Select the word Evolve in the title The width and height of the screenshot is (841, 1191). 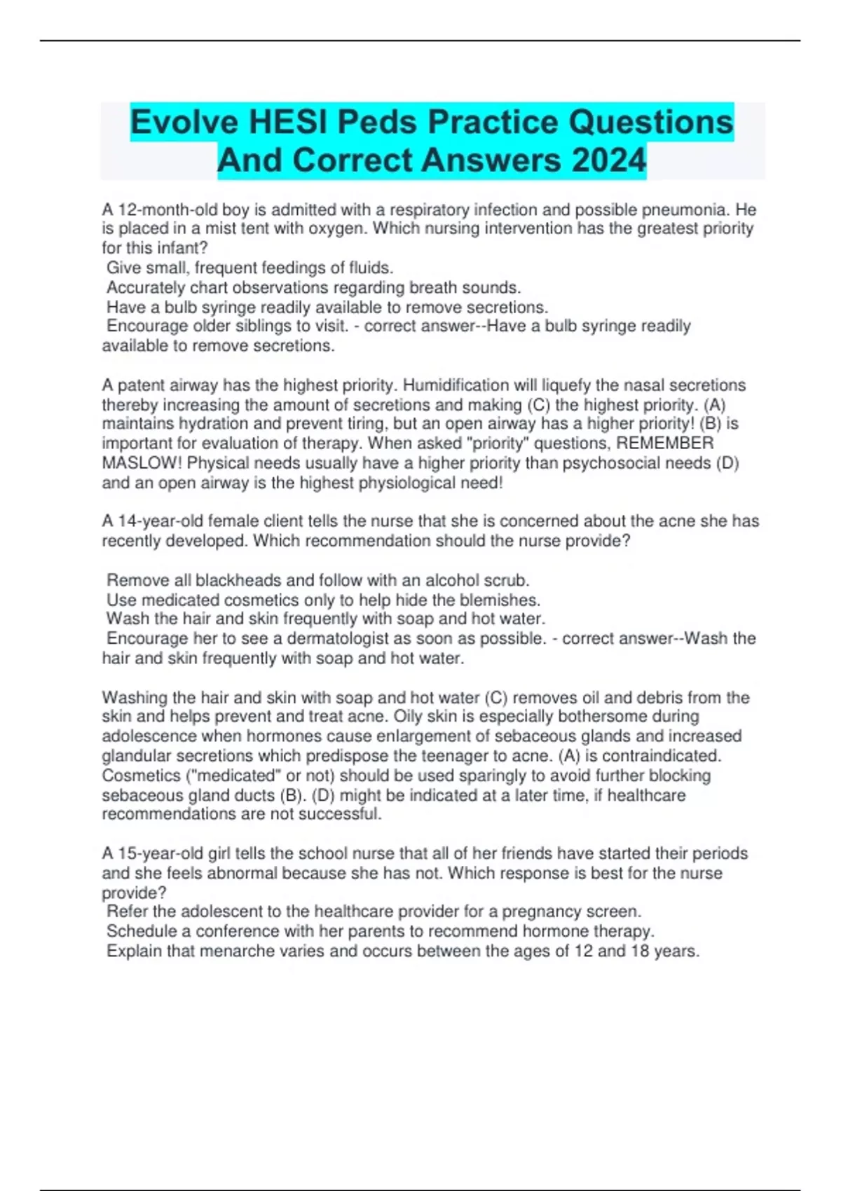click(x=184, y=122)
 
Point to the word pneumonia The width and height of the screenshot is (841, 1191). click(x=684, y=209)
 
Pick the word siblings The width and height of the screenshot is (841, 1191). click(x=266, y=326)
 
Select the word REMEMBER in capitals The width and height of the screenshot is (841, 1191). click(x=664, y=443)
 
